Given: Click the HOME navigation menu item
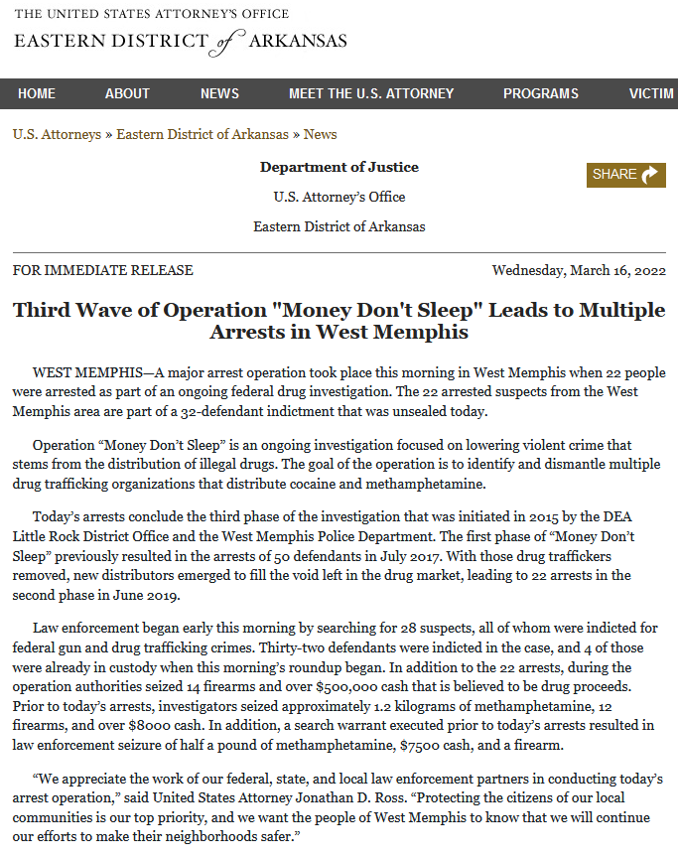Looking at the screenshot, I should pyautogui.click(x=37, y=93).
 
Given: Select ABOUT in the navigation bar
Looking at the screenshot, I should pyautogui.click(x=127, y=93).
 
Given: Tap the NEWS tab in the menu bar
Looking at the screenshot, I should pyautogui.click(x=219, y=93).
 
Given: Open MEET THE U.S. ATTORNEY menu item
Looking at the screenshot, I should pyautogui.click(x=371, y=93).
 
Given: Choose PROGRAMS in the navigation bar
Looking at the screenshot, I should pyautogui.click(x=540, y=93).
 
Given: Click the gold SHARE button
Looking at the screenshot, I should pyautogui.click(x=625, y=175).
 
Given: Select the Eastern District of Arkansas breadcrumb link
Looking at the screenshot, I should pyautogui.click(x=203, y=134).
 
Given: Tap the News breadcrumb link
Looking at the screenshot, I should pyautogui.click(x=320, y=134).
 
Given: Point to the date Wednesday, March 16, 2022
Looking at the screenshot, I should pyautogui.click(x=579, y=270).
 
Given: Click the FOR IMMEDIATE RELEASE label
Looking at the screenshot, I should pyautogui.click(x=103, y=270).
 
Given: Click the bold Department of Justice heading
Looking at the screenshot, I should pyautogui.click(x=339, y=167).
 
